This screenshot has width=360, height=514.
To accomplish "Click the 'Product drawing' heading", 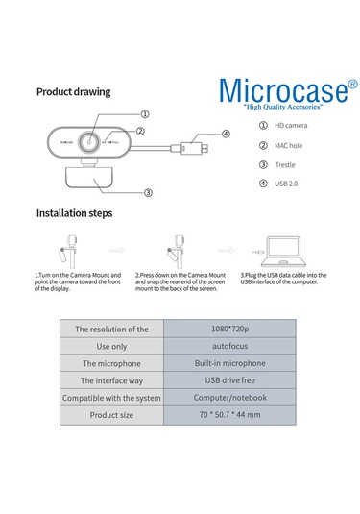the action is click(x=73, y=92).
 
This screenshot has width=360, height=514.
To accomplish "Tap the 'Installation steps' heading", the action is click(x=75, y=212).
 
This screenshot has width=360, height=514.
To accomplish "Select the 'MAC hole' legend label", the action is click(x=294, y=146).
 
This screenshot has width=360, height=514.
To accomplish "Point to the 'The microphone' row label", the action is click(x=111, y=363).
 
